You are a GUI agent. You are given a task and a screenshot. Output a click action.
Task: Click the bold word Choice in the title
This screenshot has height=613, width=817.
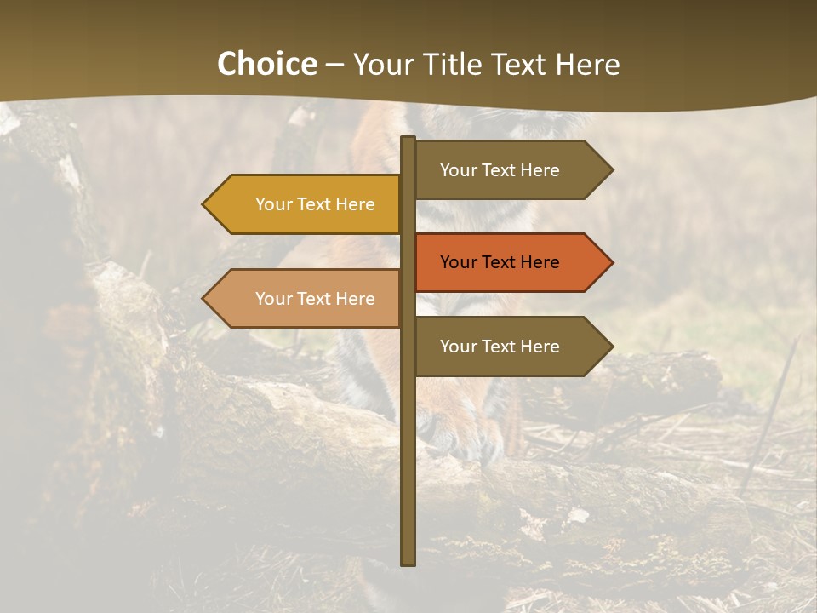[x=266, y=65]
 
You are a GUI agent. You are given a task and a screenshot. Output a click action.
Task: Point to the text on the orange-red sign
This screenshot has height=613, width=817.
[x=500, y=262]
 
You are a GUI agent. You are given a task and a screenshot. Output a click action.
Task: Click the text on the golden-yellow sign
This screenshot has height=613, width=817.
[x=315, y=204]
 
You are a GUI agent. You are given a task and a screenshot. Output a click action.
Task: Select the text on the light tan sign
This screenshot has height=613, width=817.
[x=315, y=299]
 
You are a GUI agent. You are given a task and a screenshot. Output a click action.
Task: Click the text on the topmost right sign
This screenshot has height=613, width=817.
[x=500, y=170]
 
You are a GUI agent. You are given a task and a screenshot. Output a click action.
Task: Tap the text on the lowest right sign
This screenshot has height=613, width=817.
[x=500, y=347]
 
